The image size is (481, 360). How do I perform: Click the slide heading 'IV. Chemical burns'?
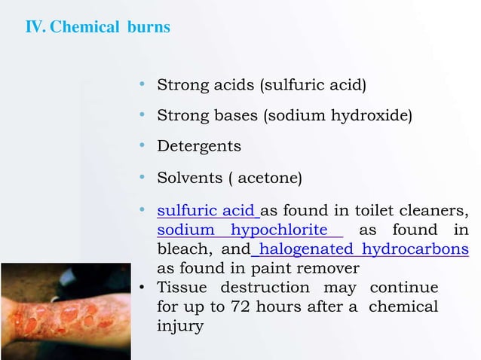pyautogui.click(x=98, y=28)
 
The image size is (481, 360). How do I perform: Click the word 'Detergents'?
pyautogui.click(x=199, y=146)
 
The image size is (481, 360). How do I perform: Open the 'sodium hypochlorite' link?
pyautogui.click(x=242, y=230)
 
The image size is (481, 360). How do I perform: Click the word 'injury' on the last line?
pyautogui.click(x=180, y=327)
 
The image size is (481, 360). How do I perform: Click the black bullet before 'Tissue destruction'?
pyautogui.click(x=143, y=288)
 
